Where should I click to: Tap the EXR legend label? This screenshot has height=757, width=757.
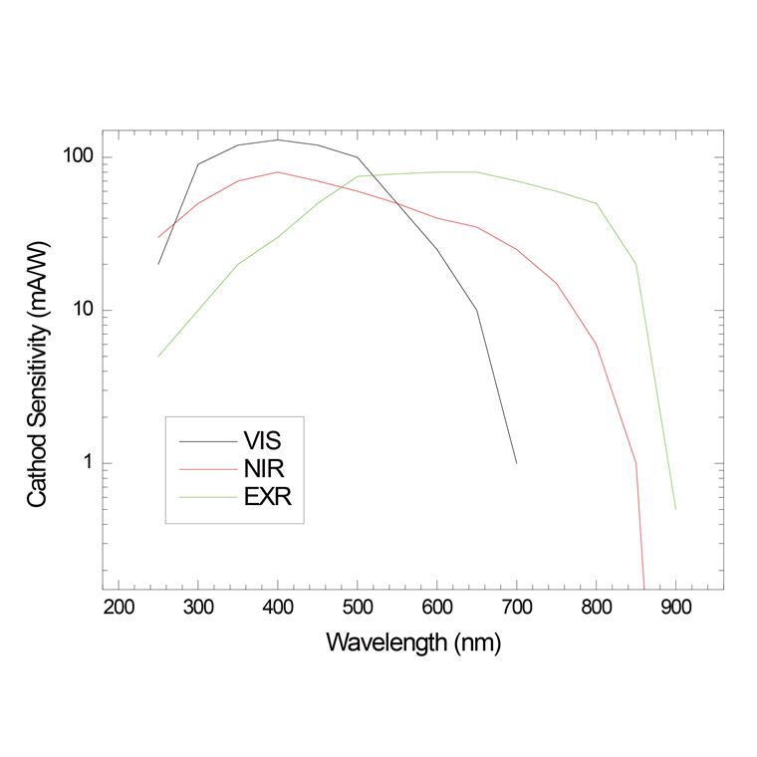pos(268,496)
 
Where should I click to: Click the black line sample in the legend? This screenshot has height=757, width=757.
pos(206,440)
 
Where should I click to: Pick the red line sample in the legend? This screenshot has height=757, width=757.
pos(206,468)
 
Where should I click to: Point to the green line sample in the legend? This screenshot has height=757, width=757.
pos(206,496)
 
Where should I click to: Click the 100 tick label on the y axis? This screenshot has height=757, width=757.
pos(78,157)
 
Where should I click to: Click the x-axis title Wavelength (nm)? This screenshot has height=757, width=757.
pos(413,642)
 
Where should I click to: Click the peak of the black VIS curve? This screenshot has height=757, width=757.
pos(278,139)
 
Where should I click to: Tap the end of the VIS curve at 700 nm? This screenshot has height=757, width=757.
pos(516,462)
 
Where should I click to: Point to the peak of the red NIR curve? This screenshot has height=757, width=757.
pos(278,171)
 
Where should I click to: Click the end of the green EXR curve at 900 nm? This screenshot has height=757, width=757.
pos(675,509)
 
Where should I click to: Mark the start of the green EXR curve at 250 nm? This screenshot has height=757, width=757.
pos(158,356)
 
